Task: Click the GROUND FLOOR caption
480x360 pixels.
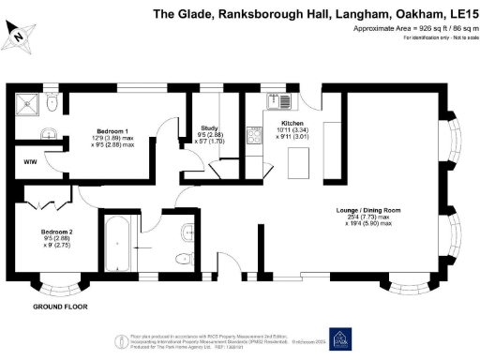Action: coord(60,307)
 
